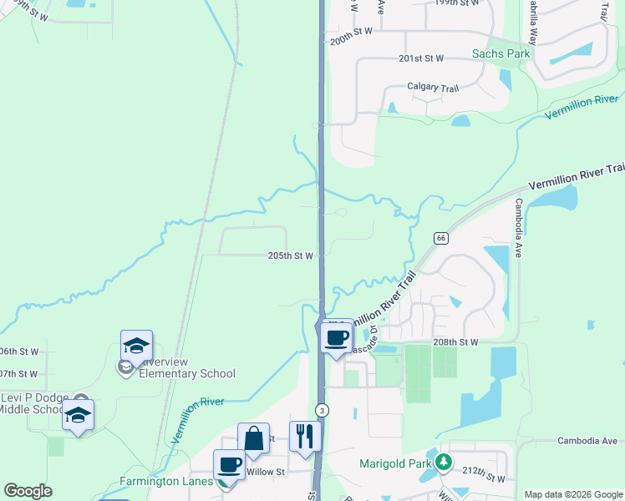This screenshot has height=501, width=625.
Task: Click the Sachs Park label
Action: [501, 53]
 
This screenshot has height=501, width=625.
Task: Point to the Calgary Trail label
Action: [433, 87]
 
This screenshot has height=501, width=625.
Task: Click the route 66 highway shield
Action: [440, 239]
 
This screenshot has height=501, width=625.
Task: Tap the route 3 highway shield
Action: [322, 409]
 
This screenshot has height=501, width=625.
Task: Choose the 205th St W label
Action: [290, 256]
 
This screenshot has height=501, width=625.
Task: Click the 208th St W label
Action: [455, 342]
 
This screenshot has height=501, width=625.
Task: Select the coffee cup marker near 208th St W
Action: [336, 337]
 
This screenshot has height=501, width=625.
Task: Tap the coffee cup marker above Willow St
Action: [229, 464]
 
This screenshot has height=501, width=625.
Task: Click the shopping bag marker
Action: [254, 438]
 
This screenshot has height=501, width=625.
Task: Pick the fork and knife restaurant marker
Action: [305, 436]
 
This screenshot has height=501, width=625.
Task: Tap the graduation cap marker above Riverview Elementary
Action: [136, 346]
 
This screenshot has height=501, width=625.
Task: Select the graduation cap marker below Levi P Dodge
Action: [78, 415]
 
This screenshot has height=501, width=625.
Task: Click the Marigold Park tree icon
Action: [445, 462]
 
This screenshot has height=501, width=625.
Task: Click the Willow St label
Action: [266, 472]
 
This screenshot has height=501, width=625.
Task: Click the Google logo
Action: [28, 491]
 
